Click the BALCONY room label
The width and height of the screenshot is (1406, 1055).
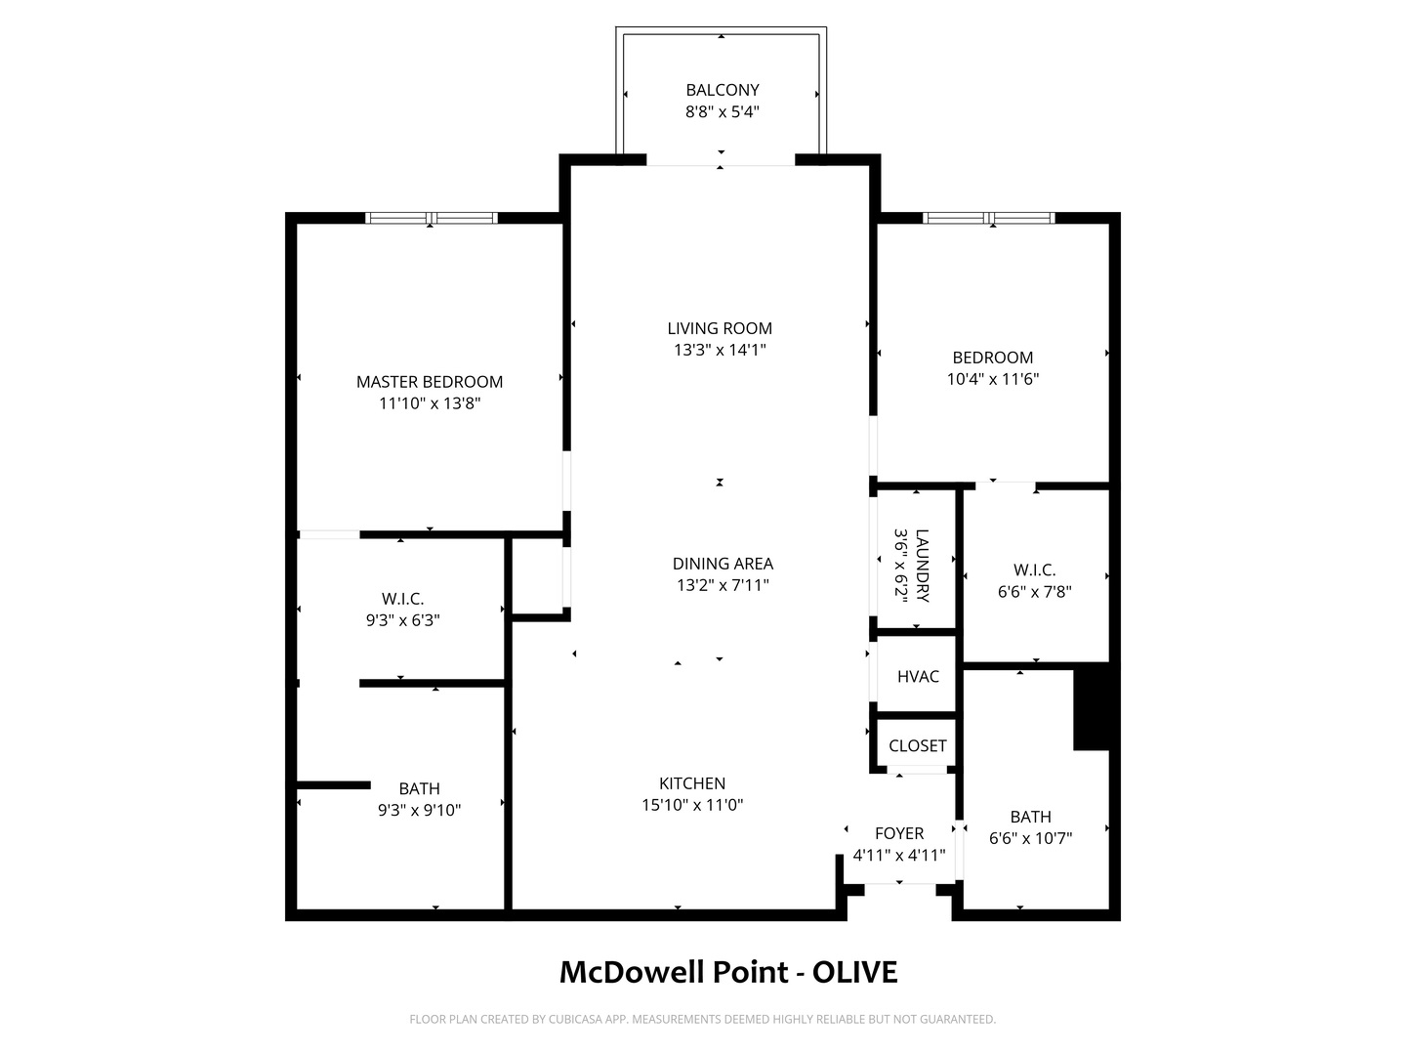722,90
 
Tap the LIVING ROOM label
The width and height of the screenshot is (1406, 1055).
720,328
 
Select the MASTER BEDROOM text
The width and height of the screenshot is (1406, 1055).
430,382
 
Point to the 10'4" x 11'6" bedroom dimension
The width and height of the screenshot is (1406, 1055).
992,379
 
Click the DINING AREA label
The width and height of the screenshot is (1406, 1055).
723,564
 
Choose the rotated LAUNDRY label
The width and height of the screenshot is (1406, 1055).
923,566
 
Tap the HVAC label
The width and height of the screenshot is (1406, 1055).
918,676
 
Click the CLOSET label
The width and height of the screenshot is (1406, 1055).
917,745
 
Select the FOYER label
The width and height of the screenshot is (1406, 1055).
899,833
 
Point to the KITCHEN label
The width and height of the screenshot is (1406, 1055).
692,783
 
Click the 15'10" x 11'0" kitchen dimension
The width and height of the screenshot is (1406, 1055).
692,805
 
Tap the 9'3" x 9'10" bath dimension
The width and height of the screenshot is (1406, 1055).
419,811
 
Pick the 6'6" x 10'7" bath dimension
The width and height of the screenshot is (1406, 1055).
1030,838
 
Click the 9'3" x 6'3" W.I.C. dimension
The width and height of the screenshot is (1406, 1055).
402,620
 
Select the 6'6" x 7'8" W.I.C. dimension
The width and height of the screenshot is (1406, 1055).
1034,591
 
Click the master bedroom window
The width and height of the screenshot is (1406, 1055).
432,218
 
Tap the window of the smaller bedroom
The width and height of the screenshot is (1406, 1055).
988,218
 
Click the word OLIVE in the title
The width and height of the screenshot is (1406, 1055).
854,972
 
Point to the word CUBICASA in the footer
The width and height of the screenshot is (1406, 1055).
575,1019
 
